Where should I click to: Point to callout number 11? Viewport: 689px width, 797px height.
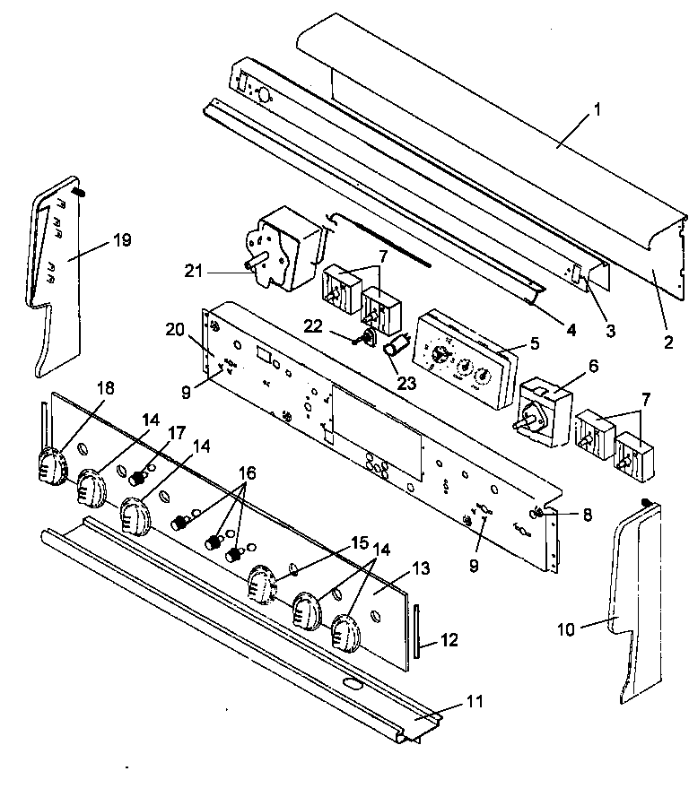coord(473,700)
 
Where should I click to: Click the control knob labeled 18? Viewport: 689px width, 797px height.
coord(50,465)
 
